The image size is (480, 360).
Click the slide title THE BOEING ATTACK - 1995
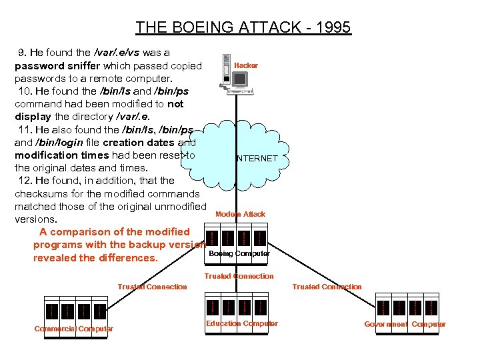pos(243,27)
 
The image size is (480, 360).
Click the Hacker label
pos(246,65)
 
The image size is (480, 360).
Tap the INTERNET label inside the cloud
pos(257,159)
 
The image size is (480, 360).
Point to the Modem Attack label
pos(240,214)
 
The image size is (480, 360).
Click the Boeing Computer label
pos(239,253)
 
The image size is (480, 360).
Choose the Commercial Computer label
pos(73,329)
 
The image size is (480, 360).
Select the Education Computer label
pos(241,323)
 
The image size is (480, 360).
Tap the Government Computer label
pos(405,324)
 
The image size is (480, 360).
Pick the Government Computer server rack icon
pos(407,306)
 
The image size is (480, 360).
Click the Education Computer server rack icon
pos(237,305)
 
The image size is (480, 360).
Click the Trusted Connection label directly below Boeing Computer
pos(239,276)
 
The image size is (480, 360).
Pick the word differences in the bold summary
pos(126,258)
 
